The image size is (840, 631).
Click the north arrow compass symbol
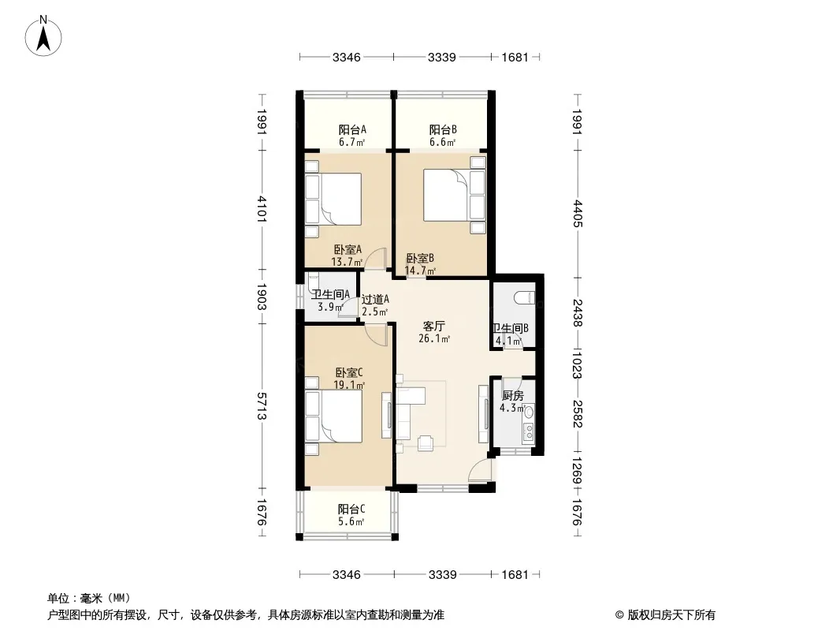pos(43,36)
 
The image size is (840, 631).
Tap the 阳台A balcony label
pos(352,129)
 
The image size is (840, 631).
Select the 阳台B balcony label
pos(443,129)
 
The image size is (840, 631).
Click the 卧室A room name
pos(348,250)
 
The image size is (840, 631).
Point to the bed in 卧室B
pos(455,195)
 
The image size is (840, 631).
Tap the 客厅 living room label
pos(434,327)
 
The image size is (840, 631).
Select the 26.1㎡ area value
pos(434,339)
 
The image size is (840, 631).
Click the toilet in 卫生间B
pos(523,297)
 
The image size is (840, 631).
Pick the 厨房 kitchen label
pos(513,396)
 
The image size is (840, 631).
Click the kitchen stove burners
pos(529,431)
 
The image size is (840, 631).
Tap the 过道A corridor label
pos(375,300)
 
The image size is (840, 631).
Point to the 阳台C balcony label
pos(351,509)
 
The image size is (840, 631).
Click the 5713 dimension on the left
pos(262,406)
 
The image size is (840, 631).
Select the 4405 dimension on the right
pos(577,214)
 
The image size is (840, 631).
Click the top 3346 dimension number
pos(346,58)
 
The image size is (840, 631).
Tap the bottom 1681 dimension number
pos(515,575)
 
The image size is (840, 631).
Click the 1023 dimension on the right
pos(577,364)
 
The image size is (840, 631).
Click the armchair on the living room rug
pos(426,442)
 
